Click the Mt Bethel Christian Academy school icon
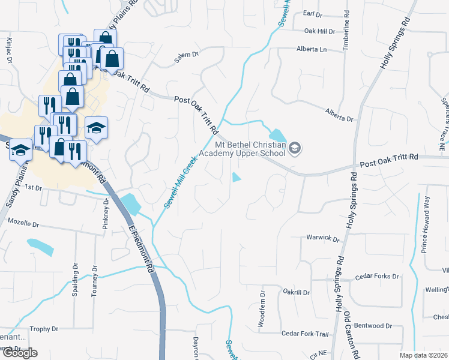click(294, 148)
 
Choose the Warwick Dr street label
click(323, 238)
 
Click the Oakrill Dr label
click(296, 292)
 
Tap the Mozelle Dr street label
click(23, 222)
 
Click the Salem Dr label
click(186, 55)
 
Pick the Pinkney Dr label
click(106, 217)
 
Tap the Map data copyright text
click(423, 355)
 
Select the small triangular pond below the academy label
click(237, 177)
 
